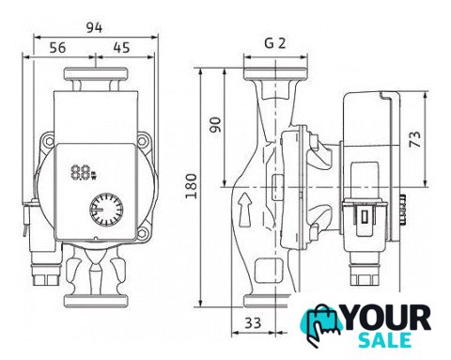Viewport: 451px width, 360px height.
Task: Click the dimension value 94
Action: click(x=94, y=28)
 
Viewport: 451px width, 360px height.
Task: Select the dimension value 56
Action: click(x=58, y=48)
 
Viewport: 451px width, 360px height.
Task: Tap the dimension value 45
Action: click(x=121, y=48)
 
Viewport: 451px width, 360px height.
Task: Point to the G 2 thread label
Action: click(x=275, y=43)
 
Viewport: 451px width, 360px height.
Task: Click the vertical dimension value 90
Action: click(x=215, y=125)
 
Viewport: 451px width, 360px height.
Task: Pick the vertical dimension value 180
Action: click(x=192, y=186)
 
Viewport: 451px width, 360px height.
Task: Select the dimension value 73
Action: click(x=415, y=139)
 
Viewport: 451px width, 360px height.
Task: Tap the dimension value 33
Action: click(x=253, y=323)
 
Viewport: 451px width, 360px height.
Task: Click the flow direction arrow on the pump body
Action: click(x=245, y=210)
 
